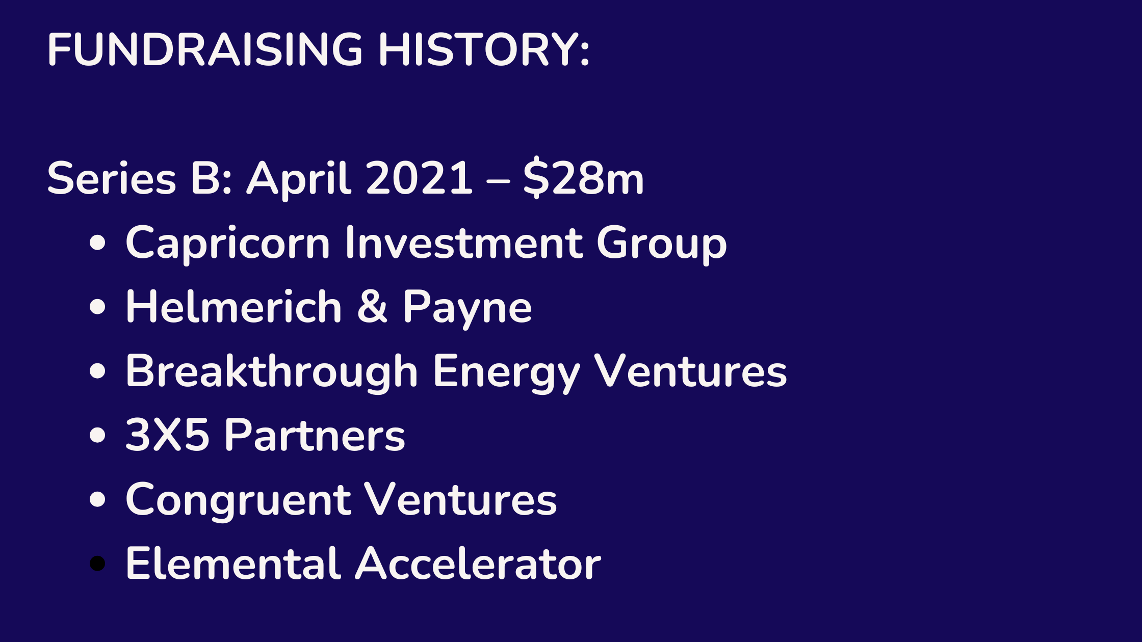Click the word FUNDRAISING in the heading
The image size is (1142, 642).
click(x=205, y=49)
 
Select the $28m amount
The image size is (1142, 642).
click(x=584, y=178)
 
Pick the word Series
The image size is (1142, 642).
click(x=112, y=178)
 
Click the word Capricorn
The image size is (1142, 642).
click(x=228, y=244)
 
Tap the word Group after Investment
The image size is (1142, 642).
click(x=661, y=244)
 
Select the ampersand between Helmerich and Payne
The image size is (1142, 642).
click(x=372, y=306)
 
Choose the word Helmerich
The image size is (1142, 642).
click(x=233, y=306)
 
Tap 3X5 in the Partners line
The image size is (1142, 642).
click(x=167, y=435)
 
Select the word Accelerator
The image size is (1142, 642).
click(x=478, y=563)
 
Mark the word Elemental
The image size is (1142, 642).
click(x=232, y=563)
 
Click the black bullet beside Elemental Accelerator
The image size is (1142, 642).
click(x=97, y=564)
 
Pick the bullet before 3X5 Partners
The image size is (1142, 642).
click(x=97, y=435)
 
